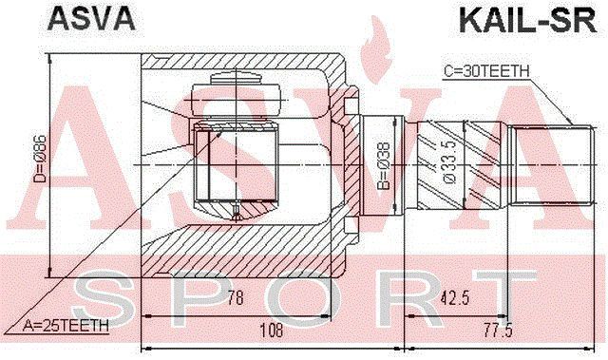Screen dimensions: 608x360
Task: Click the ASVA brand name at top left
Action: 91,19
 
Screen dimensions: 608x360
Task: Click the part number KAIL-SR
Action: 528,21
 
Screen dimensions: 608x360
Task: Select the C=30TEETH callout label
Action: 486,71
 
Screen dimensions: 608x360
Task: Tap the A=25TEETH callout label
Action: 66,326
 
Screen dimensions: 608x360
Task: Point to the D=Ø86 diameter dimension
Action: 40,159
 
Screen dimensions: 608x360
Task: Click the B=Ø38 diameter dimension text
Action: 383,165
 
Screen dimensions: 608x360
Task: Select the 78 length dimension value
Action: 236,298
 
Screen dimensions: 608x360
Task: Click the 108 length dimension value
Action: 271,331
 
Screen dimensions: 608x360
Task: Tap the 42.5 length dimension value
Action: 455,298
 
